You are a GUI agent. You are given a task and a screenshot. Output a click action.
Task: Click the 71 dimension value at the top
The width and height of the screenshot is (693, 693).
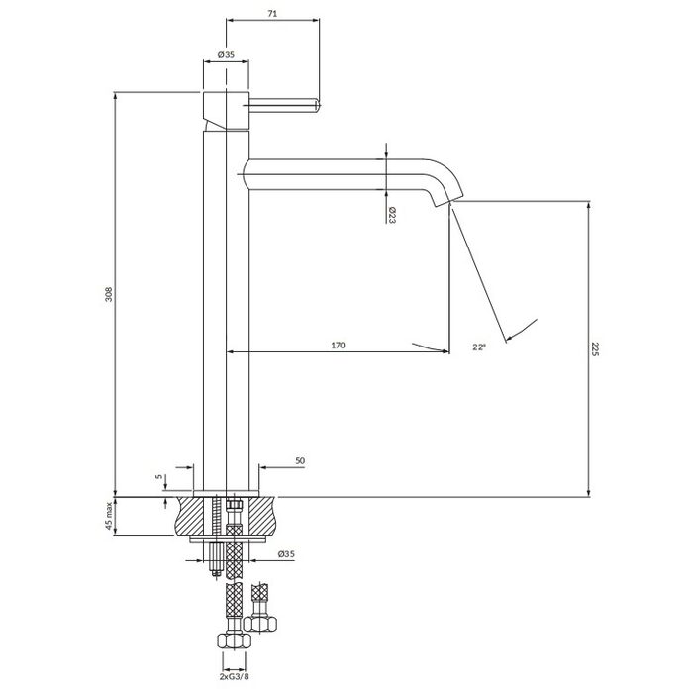coord(272,14)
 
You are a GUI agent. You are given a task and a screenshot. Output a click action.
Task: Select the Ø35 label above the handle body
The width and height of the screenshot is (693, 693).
coord(226,54)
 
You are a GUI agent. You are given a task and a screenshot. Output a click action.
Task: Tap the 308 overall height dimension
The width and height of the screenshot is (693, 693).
coord(109,294)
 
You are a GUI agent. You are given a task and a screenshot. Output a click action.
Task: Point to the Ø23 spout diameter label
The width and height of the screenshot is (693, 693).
coord(392,215)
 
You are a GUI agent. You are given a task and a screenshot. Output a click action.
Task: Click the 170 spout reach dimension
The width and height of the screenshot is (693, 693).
coord(339,346)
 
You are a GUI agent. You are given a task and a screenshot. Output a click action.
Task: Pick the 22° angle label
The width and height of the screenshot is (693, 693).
coord(479,346)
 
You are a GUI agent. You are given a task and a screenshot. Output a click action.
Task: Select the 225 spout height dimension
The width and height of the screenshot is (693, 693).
coord(595,349)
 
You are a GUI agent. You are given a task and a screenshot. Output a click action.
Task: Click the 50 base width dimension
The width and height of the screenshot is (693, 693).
coord(300,461)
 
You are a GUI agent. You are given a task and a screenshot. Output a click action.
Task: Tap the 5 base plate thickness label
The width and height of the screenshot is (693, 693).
coord(159,477)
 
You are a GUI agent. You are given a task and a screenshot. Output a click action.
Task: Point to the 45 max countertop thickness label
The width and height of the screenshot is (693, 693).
coord(109,516)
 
